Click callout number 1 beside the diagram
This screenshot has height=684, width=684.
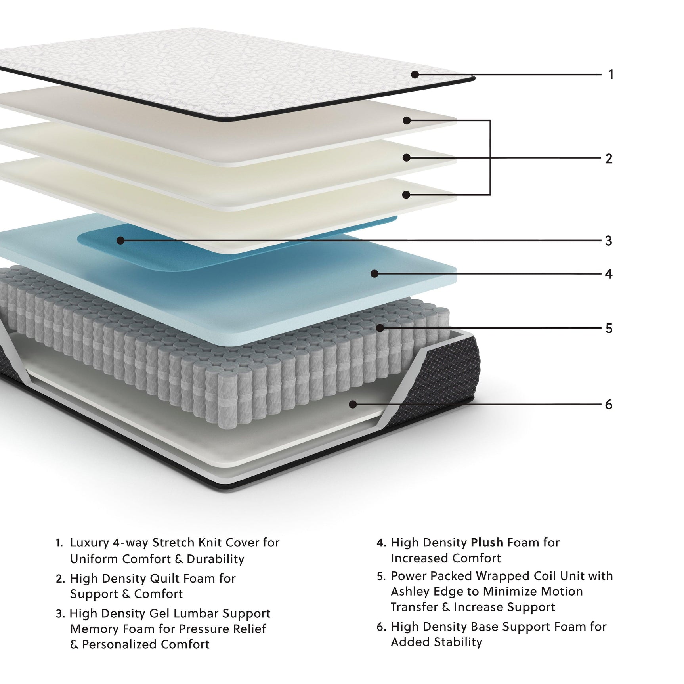click(611, 75)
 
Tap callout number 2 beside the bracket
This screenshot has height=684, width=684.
click(609, 159)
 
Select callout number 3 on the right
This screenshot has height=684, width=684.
click(609, 241)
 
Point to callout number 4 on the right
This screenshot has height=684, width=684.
click(609, 274)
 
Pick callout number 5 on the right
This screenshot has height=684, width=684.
click(609, 328)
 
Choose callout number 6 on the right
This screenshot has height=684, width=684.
click(609, 405)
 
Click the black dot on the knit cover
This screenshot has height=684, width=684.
click(415, 74)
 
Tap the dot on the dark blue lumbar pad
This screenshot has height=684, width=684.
click(120, 240)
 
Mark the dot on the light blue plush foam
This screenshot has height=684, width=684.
click(374, 273)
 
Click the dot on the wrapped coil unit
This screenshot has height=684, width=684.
click(380, 328)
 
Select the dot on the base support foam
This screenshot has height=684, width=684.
click(353, 404)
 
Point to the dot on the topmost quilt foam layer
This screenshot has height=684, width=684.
click(407, 120)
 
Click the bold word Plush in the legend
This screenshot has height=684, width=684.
click(487, 543)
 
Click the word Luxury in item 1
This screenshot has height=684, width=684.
click(89, 543)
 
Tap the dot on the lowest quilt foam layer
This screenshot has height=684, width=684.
click(406, 195)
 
